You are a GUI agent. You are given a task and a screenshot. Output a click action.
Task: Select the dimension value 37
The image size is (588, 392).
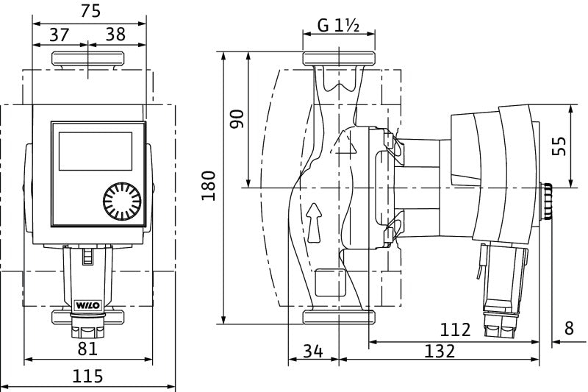click(x=60, y=34)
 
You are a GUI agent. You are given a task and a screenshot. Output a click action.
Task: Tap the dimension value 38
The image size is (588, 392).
click(x=115, y=34)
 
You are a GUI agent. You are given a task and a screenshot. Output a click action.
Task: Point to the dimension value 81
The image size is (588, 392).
click(x=88, y=348)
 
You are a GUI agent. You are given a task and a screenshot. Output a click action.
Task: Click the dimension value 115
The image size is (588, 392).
click(x=88, y=376)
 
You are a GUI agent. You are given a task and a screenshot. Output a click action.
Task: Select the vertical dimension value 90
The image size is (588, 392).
click(x=237, y=119)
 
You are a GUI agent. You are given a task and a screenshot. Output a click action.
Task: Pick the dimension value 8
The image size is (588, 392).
click(x=569, y=329)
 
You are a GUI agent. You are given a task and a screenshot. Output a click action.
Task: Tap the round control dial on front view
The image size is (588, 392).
click(x=121, y=201)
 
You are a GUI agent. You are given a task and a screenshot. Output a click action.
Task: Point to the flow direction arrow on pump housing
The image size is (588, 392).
click(x=315, y=221)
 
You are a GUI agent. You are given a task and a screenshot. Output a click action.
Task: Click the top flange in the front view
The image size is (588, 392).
click(x=88, y=58)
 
